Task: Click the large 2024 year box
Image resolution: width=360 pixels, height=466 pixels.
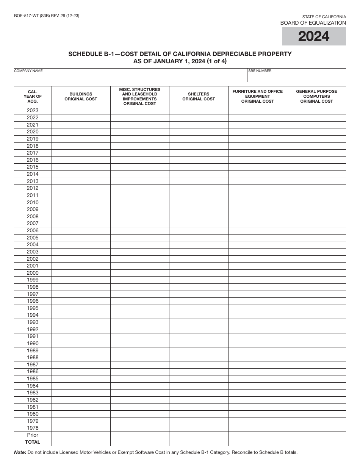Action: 314,36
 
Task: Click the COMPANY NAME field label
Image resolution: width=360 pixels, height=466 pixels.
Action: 28,71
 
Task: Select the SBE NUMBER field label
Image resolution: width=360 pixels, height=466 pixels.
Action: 260,71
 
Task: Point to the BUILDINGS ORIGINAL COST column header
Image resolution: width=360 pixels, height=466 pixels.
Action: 81,97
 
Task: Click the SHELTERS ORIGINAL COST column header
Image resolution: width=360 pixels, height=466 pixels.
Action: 199,97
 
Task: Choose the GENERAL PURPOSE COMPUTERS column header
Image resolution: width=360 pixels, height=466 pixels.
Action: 316,96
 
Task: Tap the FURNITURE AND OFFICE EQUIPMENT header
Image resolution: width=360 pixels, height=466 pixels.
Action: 257,96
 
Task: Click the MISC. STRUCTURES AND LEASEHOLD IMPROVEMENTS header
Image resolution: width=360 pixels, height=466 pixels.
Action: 139,97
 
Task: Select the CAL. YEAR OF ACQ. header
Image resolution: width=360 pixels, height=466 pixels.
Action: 33,96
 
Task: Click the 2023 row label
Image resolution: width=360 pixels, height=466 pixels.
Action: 33,111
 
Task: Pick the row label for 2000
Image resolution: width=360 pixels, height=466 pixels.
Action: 33,273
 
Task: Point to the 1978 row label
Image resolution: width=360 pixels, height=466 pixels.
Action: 33,428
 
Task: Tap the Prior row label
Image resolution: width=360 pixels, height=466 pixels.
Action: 33,435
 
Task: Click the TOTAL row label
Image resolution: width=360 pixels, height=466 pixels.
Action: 33,442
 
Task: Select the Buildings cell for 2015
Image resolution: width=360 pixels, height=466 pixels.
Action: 81,167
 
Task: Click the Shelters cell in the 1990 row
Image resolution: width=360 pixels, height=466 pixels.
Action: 199,344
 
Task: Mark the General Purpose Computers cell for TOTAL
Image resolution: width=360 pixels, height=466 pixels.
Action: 316,442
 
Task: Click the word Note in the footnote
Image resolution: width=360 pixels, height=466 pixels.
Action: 19,452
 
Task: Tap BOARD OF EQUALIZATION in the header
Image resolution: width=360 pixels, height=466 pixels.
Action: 313,23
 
